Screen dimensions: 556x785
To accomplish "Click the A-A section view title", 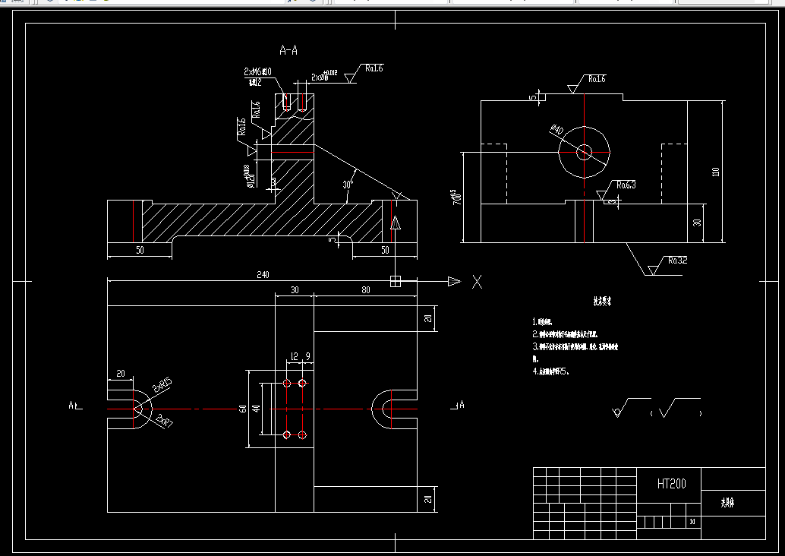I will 288,51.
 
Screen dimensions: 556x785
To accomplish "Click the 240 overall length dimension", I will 263,274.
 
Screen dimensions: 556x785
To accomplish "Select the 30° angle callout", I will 348,184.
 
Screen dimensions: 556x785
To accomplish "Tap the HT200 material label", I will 672,483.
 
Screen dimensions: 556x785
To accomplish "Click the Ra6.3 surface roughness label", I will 626,185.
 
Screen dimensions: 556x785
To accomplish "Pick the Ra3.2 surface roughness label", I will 677,261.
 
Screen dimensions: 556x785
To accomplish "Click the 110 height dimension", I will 714,171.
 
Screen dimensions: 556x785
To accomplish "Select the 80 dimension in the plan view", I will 365,289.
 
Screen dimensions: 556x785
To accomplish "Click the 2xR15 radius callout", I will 162,386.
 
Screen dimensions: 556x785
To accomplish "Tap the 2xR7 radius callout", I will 163,420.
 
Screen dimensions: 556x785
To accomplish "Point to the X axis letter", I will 478,283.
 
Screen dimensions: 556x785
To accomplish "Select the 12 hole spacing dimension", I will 294,355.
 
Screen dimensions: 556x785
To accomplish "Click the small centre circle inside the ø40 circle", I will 584,152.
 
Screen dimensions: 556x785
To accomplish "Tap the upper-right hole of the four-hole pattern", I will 302,384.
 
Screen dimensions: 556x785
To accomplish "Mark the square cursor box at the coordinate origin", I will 395,282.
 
